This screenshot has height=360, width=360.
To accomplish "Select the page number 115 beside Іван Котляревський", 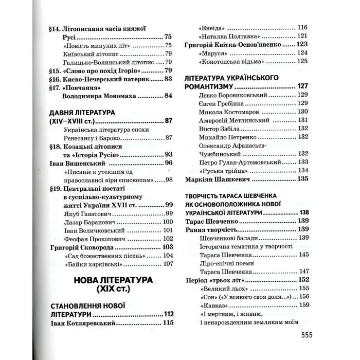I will (168, 323).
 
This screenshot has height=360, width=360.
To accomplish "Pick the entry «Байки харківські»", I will (93, 264).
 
